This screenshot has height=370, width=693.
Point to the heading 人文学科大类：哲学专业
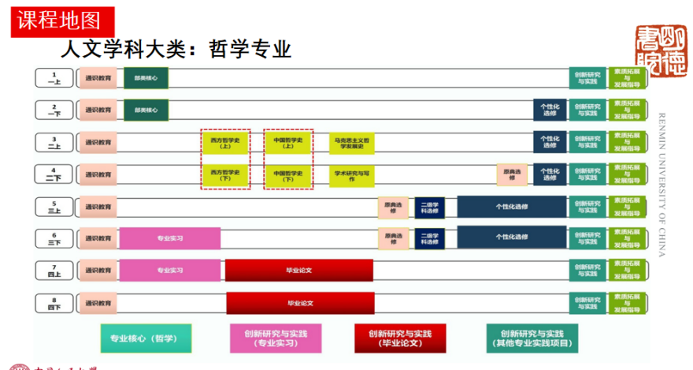(176, 50)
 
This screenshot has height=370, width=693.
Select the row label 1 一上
(54, 77)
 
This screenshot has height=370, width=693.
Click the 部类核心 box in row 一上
(146, 78)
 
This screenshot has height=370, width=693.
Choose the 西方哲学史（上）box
(224, 142)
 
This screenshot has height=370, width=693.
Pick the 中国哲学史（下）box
(288, 175)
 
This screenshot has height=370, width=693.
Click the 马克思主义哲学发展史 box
(353, 143)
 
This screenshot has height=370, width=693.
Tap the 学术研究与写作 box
(351, 175)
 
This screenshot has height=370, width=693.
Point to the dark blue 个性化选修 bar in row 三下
(511, 238)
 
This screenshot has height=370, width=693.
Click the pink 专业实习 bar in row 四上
(169, 270)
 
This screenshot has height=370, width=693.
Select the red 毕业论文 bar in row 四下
(299, 303)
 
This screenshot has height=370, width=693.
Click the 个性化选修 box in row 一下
(550, 110)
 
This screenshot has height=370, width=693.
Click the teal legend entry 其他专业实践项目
(532, 338)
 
